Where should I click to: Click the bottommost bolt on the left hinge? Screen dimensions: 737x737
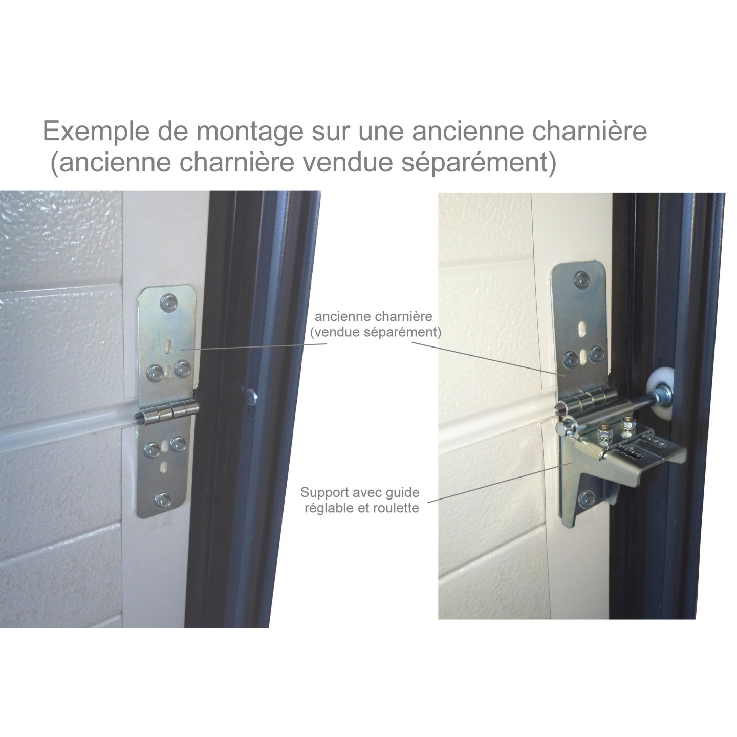click(x=163, y=500)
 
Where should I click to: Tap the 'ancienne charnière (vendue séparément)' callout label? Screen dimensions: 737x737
click(x=375, y=324)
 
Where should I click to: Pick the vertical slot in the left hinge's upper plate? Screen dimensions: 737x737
click(x=167, y=346)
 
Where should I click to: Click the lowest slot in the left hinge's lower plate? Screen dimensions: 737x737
click(x=164, y=467)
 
